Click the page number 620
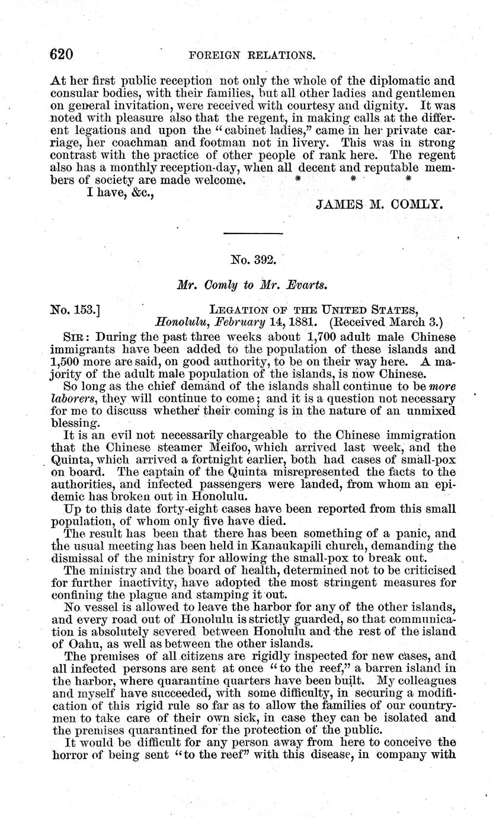pos(62,55)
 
